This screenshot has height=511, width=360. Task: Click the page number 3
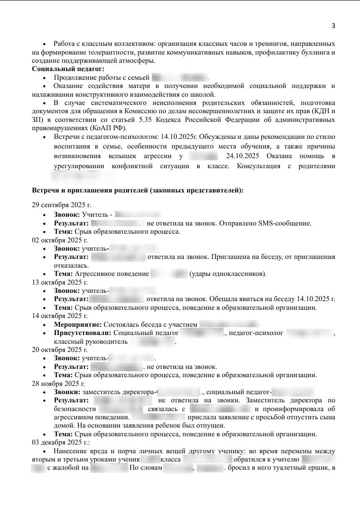click(333, 26)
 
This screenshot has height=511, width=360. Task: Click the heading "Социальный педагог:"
click(62, 69)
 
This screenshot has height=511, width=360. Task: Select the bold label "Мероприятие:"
click(78, 324)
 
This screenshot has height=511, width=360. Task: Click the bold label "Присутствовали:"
click(83, 333)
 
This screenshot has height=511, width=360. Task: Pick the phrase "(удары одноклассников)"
click(227, 274)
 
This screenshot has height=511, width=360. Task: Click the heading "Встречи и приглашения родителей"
click(138, 190)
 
